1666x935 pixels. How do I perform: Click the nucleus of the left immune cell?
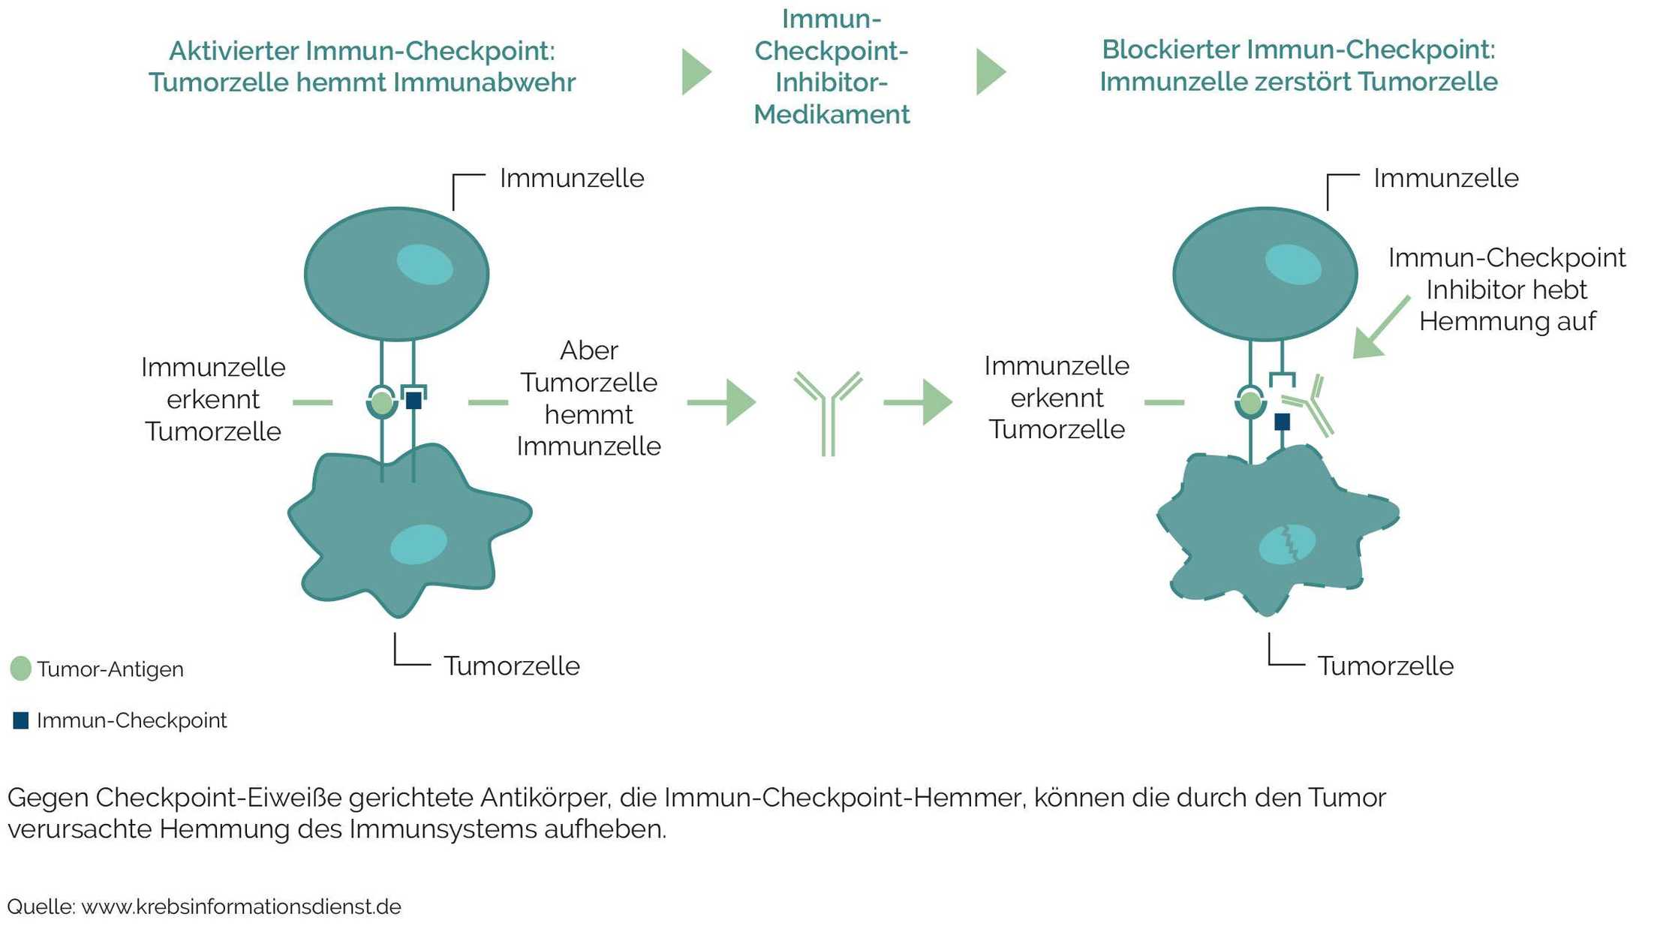425,264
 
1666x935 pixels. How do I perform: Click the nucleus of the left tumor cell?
419,544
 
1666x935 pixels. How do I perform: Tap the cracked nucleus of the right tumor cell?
1287,544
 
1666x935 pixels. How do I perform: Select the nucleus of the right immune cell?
1293,264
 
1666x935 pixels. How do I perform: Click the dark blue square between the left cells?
413,401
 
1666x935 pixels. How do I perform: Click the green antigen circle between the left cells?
382,403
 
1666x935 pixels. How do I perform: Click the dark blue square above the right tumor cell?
1283,422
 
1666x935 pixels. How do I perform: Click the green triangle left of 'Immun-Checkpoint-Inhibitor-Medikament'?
695,72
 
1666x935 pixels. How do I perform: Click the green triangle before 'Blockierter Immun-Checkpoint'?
989,72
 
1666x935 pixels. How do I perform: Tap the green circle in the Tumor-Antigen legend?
20,668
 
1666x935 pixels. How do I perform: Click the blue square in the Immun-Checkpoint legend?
21,720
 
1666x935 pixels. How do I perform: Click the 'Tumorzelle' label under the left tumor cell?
511,666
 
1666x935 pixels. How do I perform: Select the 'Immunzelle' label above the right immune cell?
1445,178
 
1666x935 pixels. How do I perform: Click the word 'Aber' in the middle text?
588,350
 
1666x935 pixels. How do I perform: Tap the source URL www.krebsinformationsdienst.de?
241,906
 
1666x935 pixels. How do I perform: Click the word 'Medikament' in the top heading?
831,115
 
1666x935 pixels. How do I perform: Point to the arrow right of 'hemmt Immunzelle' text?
720,402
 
